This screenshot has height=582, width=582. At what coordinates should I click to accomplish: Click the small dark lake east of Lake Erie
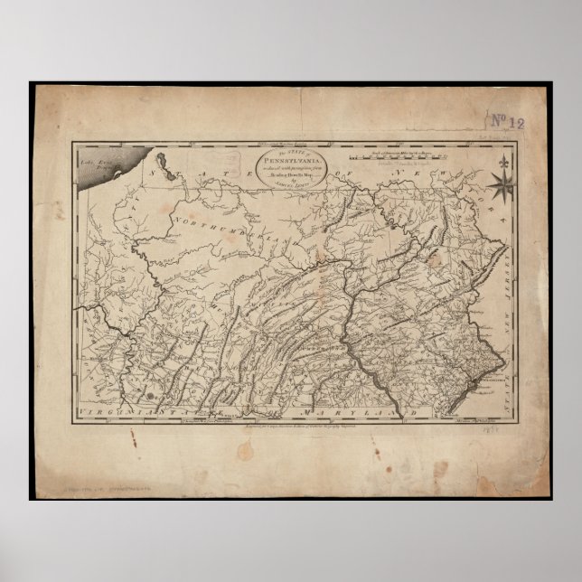click(165, 162)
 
